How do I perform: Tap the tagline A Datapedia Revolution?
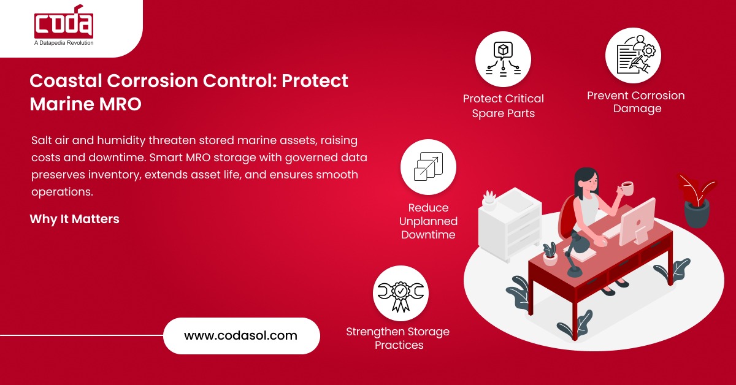coord(64,43)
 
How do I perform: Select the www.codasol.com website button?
coord(241,335)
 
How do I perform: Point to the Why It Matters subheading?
coord(74,219)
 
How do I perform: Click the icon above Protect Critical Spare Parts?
coord(503,59)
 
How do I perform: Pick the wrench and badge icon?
coord(401,292)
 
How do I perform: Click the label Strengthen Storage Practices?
coord(398,338)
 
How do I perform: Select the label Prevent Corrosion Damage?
coord(635,102)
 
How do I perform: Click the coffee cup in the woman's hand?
coord(627,188)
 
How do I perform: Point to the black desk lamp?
coord(573,257)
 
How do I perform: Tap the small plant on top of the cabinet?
coord(489,199)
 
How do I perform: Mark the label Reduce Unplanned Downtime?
coord(428,221)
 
